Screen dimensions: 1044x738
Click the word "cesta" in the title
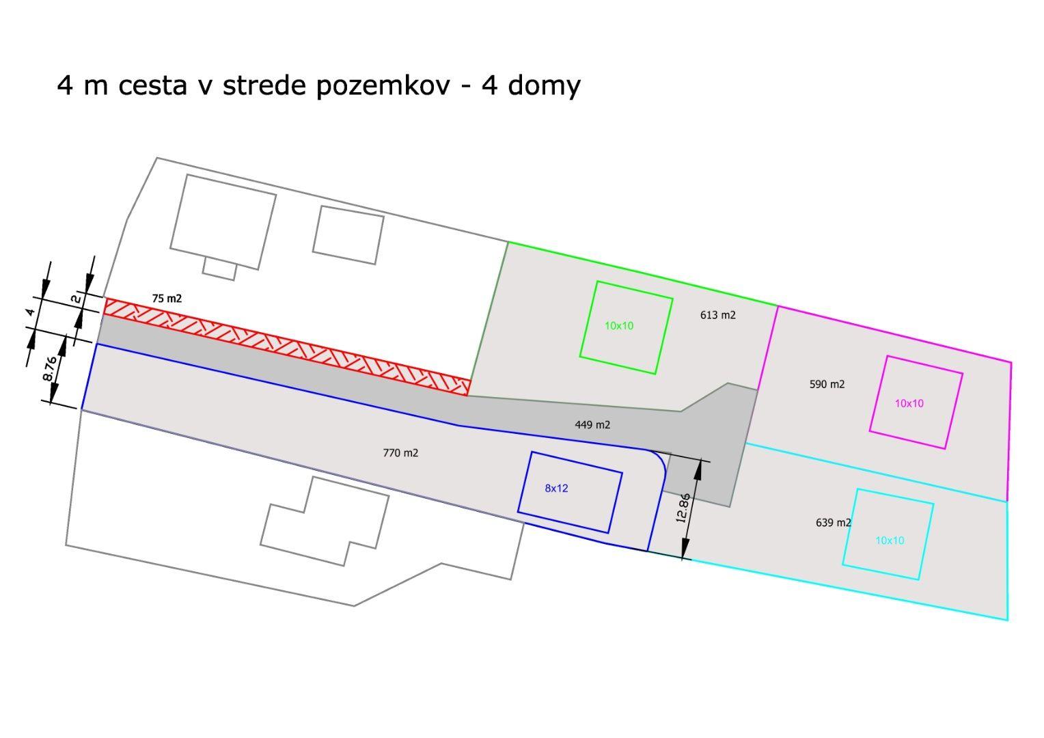[x=152, y=85]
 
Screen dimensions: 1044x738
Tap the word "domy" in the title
[x=544, y=87]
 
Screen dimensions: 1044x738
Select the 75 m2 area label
[x=167, y=299]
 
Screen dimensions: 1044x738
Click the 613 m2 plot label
[x=717, y=315]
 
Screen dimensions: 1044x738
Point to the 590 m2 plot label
[x=827, y=384]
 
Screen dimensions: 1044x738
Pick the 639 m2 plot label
[x=834, y=523]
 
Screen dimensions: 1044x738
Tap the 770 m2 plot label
[x=400, y=452]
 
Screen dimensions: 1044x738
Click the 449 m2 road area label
[x=592, y=425]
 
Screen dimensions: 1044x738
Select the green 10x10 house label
[x=619, y=326]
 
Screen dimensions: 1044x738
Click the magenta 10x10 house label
[x=909, y=404]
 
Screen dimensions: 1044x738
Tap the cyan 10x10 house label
[x=890, y=541]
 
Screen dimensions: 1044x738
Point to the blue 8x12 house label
[x=556, y=488]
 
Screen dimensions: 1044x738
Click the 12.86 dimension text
[x=683, y=508]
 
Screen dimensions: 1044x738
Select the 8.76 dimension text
[x=50, y=368]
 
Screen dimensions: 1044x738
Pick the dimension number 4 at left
[x=30, y=312]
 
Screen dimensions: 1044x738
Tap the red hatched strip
[x=287, y=346]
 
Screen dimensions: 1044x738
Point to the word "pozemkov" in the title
[x=383, y=87]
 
